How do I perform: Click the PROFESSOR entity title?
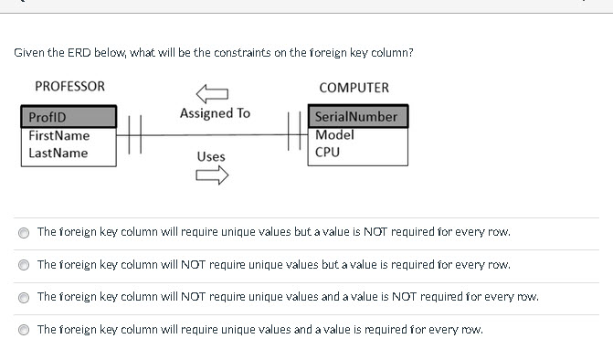[69, 87]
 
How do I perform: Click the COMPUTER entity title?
[354, 88]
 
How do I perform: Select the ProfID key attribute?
[48, 117]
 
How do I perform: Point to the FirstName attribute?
[58, 135]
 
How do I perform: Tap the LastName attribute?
[58, 153]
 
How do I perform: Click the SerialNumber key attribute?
[355, 117]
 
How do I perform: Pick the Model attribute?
[333, 134]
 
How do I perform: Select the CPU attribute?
[327, 152]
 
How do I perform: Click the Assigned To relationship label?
[215, 113]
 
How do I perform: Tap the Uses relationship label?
[211, 156]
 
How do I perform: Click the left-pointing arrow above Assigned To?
[212, 93]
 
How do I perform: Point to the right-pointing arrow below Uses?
[212, 177]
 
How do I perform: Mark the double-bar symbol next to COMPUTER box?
[294, 135]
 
